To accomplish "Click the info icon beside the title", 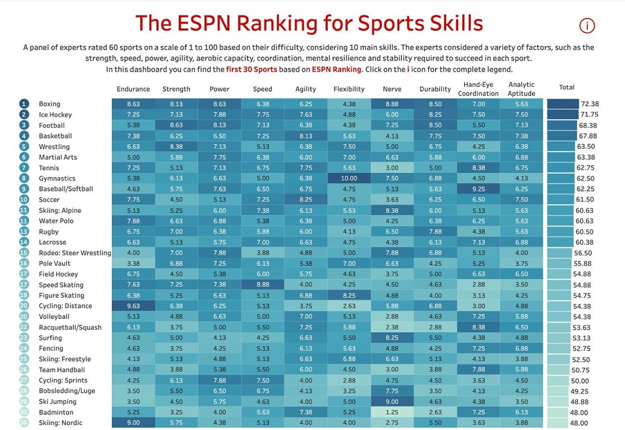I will pos(587,26).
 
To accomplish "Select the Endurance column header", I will pos(133,89).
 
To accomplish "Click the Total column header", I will pos(567,87).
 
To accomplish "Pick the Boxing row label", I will pos(49,104).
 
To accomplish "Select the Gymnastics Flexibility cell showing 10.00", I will pos(349,178).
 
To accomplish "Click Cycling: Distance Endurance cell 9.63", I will pos(133,306).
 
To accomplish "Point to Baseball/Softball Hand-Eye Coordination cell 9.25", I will pos(478,189).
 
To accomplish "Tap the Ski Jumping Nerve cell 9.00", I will pos(392,402).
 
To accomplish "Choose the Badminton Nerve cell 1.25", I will pos(392,413).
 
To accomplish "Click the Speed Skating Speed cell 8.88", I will pos(262,285).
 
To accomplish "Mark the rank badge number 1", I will pos(24,104).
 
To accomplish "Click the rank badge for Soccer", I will pos(24,200).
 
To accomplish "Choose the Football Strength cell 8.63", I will pos(176,125).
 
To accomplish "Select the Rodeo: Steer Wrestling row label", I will pos(74,253).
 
